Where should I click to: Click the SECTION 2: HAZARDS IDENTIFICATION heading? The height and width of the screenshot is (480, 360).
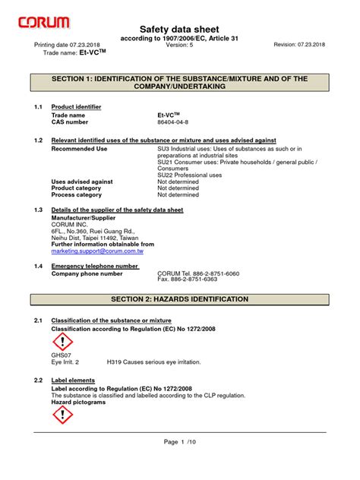179,299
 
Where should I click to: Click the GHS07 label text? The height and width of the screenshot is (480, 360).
61,355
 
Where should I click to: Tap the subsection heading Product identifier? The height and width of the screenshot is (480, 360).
76,107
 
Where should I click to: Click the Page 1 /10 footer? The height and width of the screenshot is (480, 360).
179,463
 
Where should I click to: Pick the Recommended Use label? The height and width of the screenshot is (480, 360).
79,149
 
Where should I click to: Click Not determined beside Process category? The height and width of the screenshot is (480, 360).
178,195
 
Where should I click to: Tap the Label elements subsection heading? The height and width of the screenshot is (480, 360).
72,379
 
